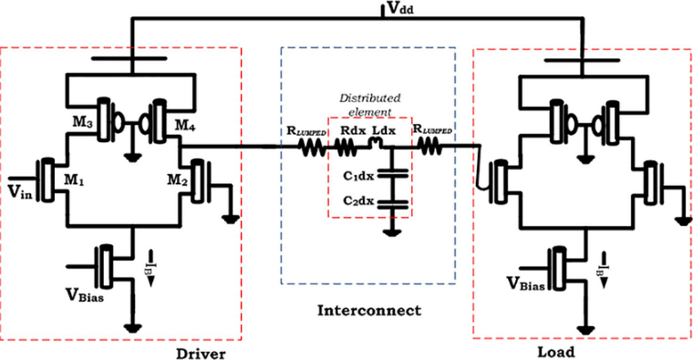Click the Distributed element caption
[x=370, y=106]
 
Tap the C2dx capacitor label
[x=360, y=201]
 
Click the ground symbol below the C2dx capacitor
[x=391, y=232]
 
